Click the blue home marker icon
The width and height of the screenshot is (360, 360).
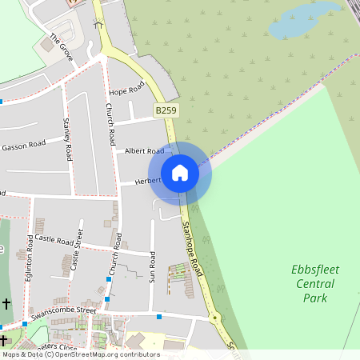180,173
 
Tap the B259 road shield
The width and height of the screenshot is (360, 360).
166,110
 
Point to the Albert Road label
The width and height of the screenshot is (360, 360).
144,150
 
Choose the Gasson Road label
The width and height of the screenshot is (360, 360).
23,146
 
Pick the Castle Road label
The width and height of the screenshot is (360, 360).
54,239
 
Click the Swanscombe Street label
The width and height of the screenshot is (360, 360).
63,311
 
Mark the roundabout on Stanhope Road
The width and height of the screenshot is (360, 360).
214,318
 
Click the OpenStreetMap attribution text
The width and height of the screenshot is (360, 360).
80,354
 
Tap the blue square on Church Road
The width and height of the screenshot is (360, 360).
107,279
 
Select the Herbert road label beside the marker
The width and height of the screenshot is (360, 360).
147,182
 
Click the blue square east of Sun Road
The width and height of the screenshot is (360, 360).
159,318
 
